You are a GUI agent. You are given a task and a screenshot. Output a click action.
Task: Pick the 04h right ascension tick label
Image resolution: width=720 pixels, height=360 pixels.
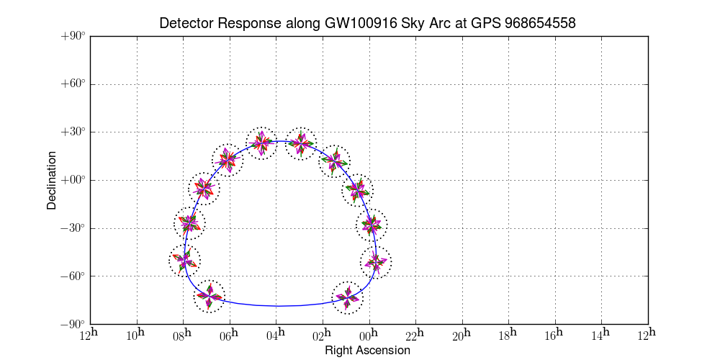click(276, 335)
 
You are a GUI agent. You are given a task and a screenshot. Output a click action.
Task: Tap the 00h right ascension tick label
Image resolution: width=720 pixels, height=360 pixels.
click(370, 335)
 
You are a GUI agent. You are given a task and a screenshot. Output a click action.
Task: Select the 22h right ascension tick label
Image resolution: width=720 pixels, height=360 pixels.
click(416, 335)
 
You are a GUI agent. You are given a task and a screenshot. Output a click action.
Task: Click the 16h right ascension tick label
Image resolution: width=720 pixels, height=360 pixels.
click(556, 335)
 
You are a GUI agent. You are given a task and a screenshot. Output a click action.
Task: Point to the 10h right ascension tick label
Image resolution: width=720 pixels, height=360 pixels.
click(137, 335)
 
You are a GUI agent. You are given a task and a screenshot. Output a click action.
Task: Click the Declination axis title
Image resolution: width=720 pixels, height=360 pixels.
click(52, 180)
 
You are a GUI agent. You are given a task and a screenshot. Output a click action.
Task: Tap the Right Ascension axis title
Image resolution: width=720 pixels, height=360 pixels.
click(367, 351)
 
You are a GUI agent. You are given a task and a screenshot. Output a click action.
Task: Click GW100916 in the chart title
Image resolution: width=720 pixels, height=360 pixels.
click(357, 24)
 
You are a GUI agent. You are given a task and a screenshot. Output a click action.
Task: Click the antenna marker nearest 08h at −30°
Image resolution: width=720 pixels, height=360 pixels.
click(189, 222)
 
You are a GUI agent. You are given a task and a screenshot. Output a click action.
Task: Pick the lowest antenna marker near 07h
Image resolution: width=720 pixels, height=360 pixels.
click(210, 297)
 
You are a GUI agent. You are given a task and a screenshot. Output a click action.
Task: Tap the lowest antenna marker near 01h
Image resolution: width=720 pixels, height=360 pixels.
click(347, 297)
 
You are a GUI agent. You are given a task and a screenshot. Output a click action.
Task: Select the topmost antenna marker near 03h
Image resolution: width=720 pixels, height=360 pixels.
click(301, 143)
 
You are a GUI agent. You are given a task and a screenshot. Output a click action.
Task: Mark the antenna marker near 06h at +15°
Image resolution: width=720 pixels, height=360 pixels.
click(228, 160)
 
